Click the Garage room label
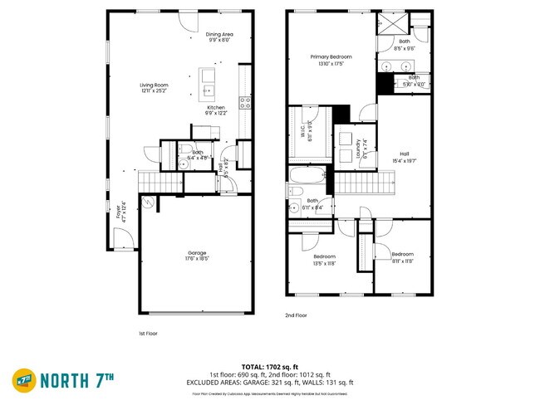pos(197,255)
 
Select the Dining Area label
pos(219,36)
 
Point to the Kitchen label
pos(216,110)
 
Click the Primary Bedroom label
pos(331,59)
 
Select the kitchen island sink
pos(208,89)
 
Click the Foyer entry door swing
pos(122,241)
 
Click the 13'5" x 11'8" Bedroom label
pos(323,259)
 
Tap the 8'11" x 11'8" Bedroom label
pos(402,256)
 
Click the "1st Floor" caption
pos(148,333)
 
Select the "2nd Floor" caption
pos(297,315)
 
